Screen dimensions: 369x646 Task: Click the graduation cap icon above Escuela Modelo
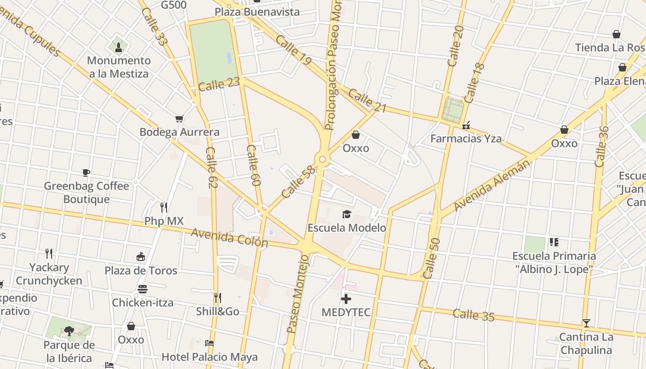pyautogui.click(x=347, y=214)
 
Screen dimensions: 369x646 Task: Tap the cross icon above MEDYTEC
pyautogui.click(x=346, y=299)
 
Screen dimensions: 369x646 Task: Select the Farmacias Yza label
pyautogui.click(x=466, y=138)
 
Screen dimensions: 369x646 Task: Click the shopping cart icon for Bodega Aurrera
pyautogui.click(x=179, y=119)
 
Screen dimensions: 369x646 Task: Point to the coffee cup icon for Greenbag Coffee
pyautogui.click(x=86, y=173)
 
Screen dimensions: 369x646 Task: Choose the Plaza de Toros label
pyautogui.click(x=141, y=270)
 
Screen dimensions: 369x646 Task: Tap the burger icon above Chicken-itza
pyautogui.click(x=143, y=289)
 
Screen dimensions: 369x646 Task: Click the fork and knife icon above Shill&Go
pyautogui.click(x=217, y=298)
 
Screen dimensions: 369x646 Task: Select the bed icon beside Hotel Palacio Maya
pyautogui.click(x=209, y=343)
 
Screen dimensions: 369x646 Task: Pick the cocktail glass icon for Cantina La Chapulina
pyautogui.click(x=586, y=323)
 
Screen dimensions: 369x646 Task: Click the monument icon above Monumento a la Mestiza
pyautogui.click(x=119, y=47)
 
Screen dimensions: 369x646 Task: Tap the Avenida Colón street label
pyautogui.click(x=229, y=238)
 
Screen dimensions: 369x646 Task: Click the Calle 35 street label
pyautogui.click(x=473, y=315)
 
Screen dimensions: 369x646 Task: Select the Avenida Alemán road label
pyautogui.click(x=492, y=185)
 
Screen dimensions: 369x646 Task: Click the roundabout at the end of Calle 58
pyautogui.click(x=322, y=160)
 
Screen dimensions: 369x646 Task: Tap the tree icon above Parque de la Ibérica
pyautogui.click(x=69, y=331)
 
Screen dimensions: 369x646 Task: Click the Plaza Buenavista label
pyautogui.click(x=257, y=12)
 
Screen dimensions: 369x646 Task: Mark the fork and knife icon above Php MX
pyautogui.click(x=163, y=207)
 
